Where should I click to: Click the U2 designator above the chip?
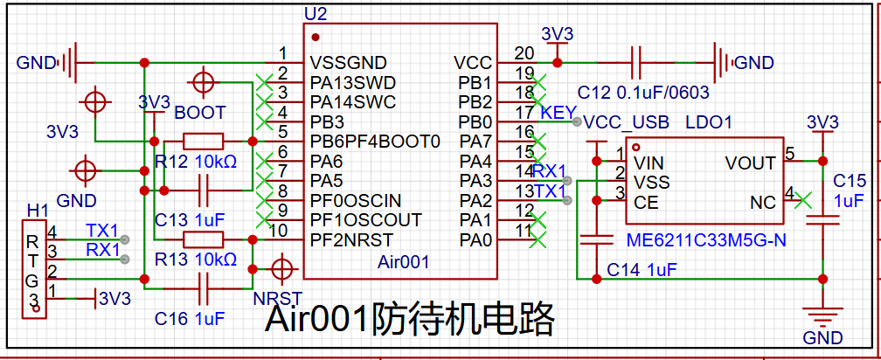tap(315, 13)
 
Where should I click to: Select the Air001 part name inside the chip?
tap(403, 261)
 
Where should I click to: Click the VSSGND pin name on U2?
tap(349, 62)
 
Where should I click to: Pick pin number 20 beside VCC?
tap(524, 52)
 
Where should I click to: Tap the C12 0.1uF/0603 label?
tap(643, 92)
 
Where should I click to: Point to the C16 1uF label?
tap(190, 319)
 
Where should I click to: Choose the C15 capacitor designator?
tap(847, 181)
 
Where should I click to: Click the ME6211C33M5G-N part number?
tap(705, 241)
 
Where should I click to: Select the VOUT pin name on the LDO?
tap(750, 163)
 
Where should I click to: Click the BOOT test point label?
tap(200, 112)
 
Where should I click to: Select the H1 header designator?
tap(38, 211)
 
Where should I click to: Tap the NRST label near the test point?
tap(278, 298)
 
